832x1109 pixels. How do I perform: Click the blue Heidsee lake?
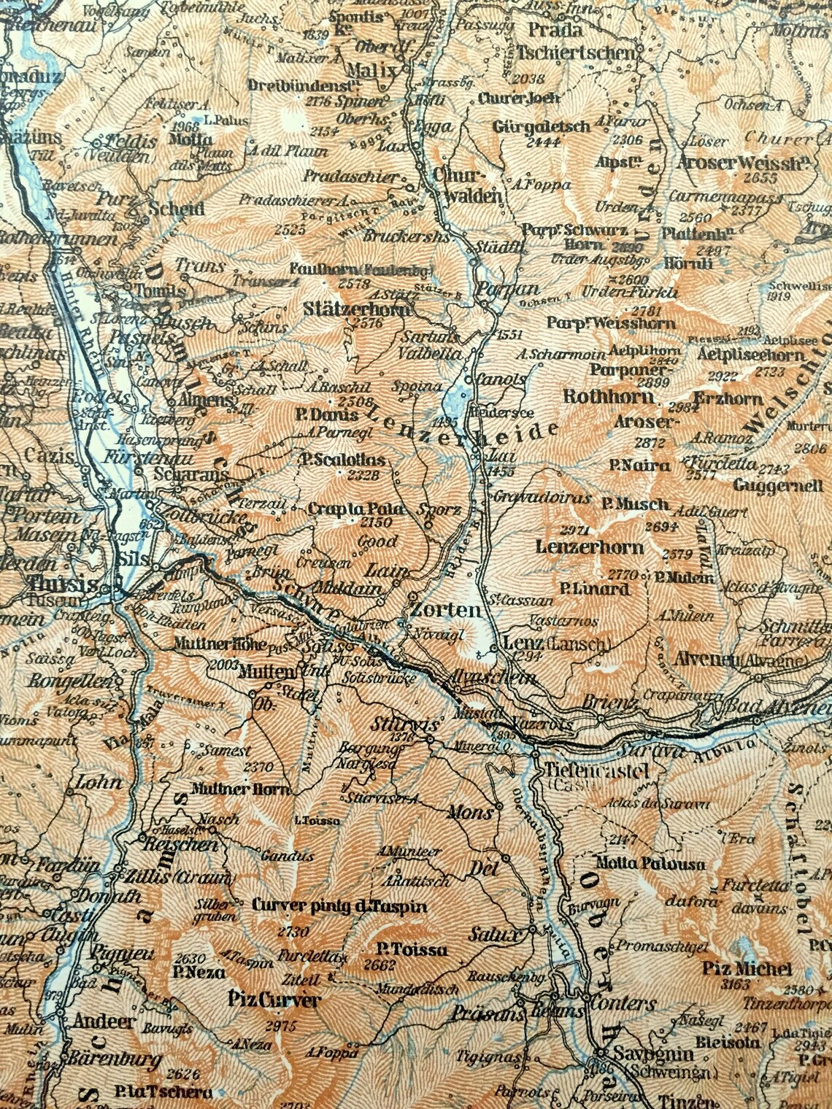pyautogui.click(x=457, y=401)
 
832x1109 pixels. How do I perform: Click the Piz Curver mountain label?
pyautogui.click(x=274, y=1000)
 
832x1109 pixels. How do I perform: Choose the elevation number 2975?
pyautogui.click(x=277, y=1026)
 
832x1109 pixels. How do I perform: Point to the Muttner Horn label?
pyautogui.click(x=241, y=789)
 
